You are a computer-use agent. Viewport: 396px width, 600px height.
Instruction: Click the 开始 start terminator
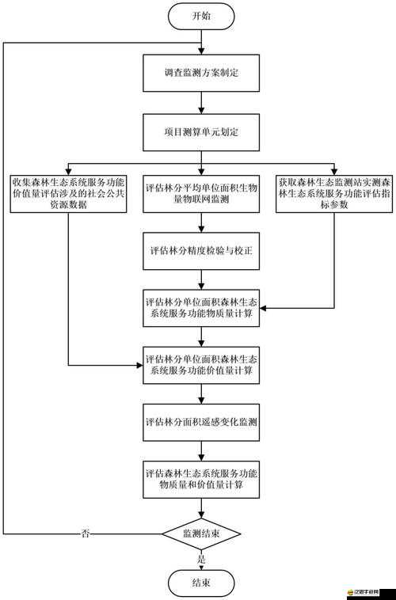(201, 15)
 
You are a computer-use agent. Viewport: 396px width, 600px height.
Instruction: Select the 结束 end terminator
(201, 584)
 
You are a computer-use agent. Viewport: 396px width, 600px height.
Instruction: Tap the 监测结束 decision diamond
(201, 534)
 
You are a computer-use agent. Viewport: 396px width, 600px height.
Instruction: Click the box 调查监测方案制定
(201, 73)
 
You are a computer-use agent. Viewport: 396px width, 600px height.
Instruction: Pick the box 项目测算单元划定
(201, 131)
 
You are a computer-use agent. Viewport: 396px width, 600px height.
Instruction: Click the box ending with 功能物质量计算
(201, 308)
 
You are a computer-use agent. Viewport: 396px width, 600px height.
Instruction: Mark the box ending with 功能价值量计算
(201, 364)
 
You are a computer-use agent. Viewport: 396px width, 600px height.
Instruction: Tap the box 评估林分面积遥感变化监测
(201, 421)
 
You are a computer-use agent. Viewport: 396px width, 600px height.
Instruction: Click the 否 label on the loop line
(86, 534)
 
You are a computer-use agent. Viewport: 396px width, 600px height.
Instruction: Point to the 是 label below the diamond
(201, 559)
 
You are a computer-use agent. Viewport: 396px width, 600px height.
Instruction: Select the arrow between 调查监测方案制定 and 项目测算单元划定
(201, 102)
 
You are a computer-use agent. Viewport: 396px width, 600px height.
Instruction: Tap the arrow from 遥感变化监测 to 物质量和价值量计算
(201, 450)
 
